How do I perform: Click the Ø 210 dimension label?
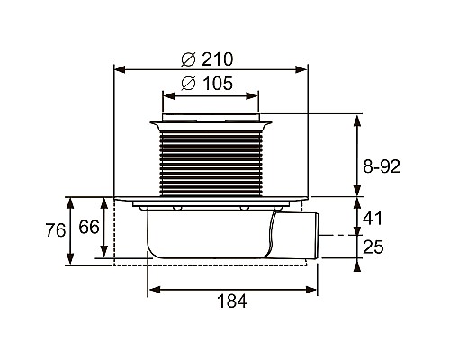click(x=207, y=59)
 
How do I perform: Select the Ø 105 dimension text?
click(x=207, y=84)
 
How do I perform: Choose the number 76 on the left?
click(x=55, y=230)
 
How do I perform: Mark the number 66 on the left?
click(x=87, y=228)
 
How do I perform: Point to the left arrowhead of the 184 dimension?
click(x=152, y=289)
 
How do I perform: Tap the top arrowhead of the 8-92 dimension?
click(x=357, y=119)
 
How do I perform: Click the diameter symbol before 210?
click(x=188, y=59)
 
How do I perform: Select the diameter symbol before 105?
click(x=188, y=84)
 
